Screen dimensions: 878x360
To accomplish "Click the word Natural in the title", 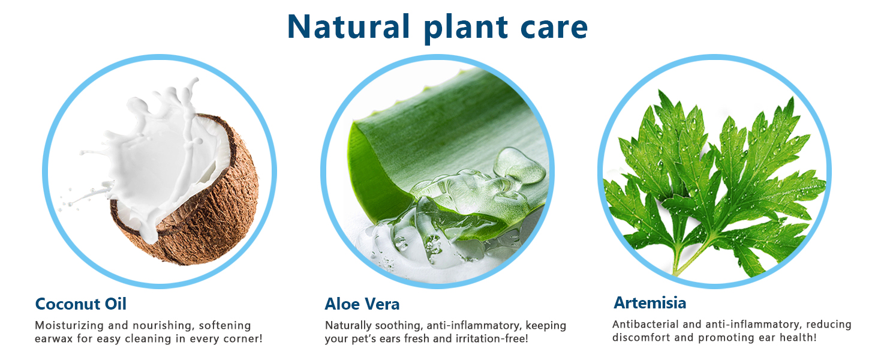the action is coord(349,26).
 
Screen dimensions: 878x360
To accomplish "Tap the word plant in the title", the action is coord(466,28).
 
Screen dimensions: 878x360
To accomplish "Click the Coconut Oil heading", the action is coord(81,304).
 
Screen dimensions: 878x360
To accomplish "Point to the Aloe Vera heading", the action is coord(362,304).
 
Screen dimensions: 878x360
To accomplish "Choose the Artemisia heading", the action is coord(650,303).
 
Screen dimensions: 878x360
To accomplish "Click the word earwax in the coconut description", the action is coord(54,338).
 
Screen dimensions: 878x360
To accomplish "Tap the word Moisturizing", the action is coord(70,325).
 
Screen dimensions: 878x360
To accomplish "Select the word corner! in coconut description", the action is coord(243,338).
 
